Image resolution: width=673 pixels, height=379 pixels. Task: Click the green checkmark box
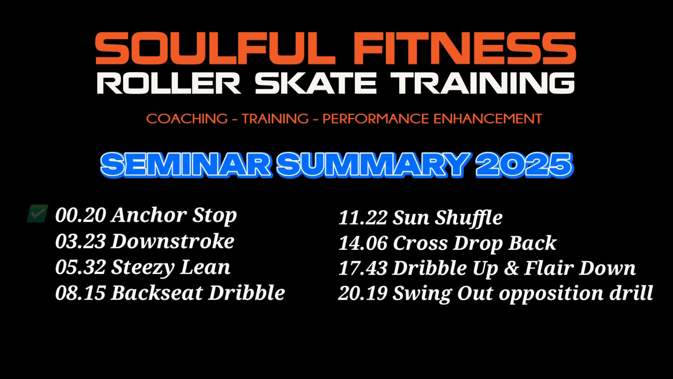coord(38,214)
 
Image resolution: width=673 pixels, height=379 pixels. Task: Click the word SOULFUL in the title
coord(215,48)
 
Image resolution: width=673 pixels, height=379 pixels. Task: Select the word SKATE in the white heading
coord(316,83)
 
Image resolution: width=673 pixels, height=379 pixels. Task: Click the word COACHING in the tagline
coord(187,118)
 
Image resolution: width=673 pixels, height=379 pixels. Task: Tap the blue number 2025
coord(524,165)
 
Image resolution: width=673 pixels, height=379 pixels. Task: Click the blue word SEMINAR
coord(186,165)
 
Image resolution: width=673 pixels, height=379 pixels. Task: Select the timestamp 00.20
coord(81,215)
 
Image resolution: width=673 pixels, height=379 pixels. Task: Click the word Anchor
coord(149,215)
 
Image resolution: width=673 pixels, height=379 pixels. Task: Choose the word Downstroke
coord(172,241)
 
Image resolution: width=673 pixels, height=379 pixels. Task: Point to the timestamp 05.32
coord(81,267)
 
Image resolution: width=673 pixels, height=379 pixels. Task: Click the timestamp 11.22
coord(363,218)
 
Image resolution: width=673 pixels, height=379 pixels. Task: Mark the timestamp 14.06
coord(363,243)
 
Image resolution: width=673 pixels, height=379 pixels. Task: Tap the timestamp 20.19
coord(363,293)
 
